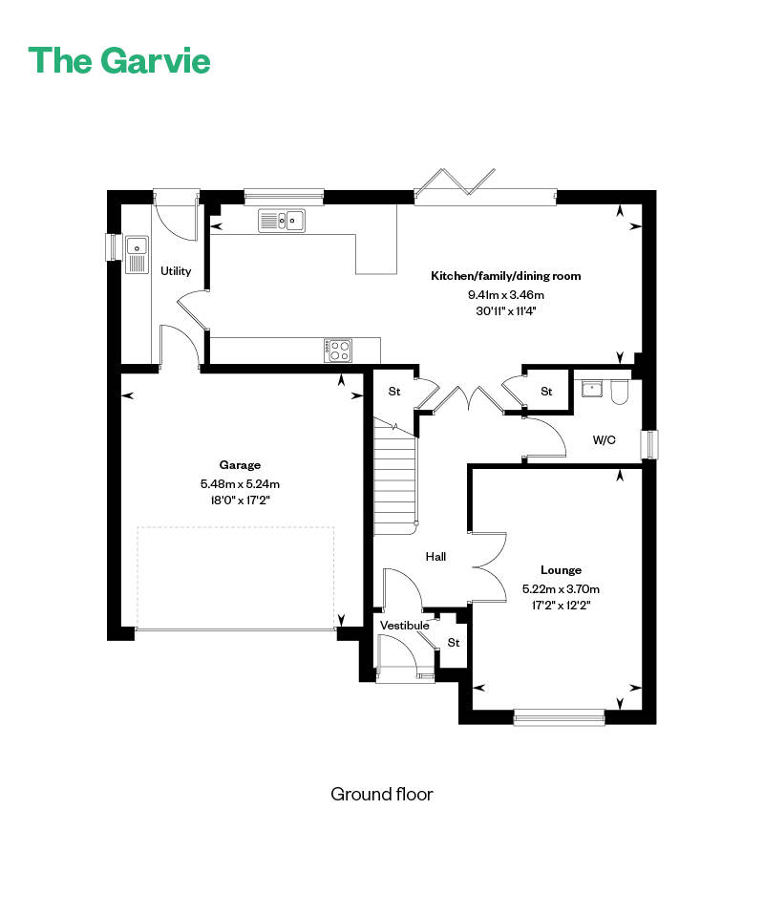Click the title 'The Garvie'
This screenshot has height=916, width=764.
119,60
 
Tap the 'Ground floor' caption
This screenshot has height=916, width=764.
382,794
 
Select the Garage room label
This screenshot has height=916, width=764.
240,465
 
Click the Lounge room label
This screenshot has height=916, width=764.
561,570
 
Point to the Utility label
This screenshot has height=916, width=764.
176,271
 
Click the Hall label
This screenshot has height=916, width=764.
435,557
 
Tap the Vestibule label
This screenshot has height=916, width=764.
405,625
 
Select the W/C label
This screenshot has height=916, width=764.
604,440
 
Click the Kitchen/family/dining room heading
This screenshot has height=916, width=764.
506,276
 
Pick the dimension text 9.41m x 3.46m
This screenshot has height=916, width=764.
506,295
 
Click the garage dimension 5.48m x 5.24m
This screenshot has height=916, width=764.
240,483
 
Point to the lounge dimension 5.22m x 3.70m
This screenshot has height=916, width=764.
561,588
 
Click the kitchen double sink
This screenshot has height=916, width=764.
282,221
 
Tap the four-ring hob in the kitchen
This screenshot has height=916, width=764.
338,351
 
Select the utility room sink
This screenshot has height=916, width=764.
138,255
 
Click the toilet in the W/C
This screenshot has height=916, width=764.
619,393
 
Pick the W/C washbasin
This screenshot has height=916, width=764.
592,389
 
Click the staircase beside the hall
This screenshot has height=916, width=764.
395,476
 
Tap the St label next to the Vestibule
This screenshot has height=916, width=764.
454,643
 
